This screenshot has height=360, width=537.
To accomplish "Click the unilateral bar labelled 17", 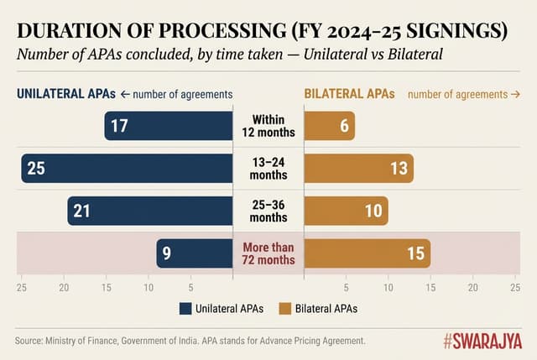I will point(169,126).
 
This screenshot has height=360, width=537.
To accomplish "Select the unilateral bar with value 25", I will point(127,169).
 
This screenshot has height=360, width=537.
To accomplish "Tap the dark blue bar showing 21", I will point(150,211).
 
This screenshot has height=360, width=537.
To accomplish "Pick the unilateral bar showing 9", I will point(195,253).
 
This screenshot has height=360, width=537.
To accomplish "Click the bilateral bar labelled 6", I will point(329,126).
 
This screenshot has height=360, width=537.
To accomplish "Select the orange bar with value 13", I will point(358,169).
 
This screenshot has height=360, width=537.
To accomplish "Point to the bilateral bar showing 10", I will point(346,211).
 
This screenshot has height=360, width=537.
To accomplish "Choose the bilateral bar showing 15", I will point(367,253).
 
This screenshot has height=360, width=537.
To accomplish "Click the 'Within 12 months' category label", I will point(268,126).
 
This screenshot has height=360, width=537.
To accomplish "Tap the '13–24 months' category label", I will point(268,169).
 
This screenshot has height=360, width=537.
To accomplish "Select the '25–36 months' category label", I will point(268,211).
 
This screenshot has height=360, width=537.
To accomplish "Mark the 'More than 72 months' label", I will point(268,253).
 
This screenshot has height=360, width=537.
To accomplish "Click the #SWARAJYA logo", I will point(482,341).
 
